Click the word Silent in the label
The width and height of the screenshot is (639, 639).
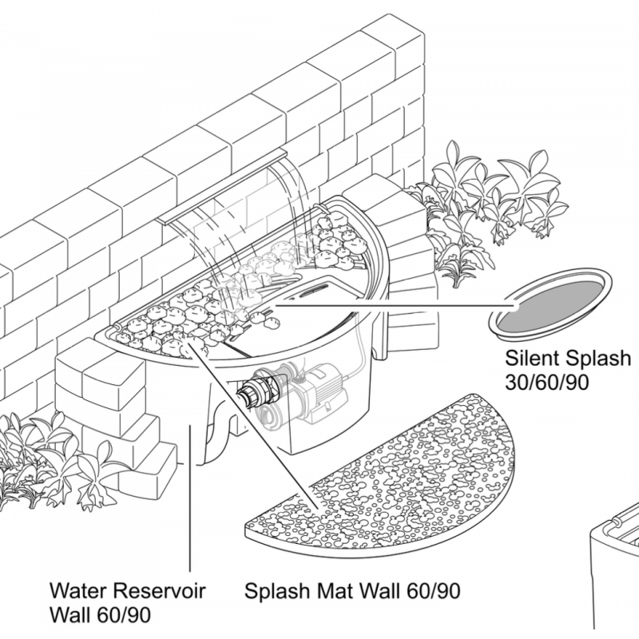click(x=527, y=357)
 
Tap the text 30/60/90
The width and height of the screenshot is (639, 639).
click(x=547, y=382)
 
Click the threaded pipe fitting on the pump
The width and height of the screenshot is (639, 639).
click(x=257, y=393)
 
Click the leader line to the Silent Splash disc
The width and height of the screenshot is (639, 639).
click(x=391, y=304)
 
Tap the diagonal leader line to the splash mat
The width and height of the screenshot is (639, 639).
click(x=256, y=423)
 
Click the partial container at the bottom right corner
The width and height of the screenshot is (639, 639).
click(x=616, y=575)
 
